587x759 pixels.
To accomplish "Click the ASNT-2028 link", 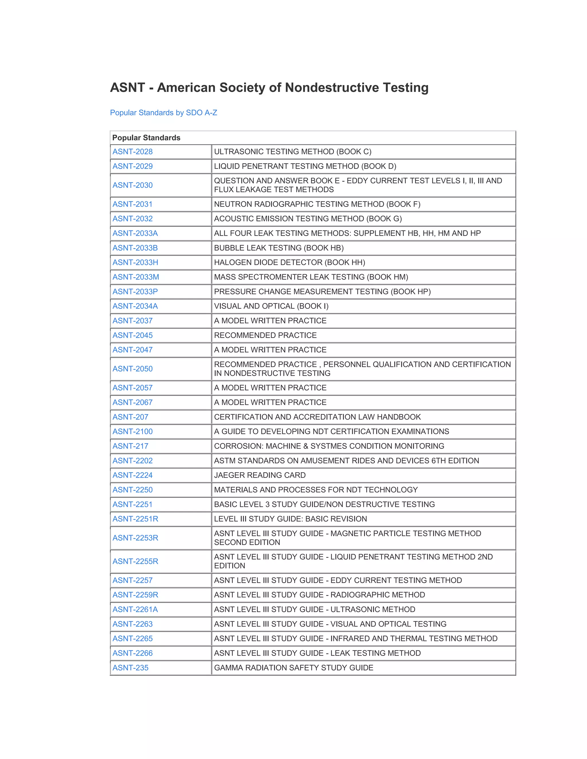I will tap(132, 152).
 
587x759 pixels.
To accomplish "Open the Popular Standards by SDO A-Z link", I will tap(163, 113).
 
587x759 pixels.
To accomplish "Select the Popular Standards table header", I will tap(146, 137).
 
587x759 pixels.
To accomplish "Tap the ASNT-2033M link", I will tap(136, 277).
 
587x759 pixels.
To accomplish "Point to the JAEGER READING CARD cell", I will tap(260, 475).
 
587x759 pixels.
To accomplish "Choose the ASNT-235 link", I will tap(130, 668).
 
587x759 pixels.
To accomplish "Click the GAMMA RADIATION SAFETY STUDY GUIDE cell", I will tap(293, 668).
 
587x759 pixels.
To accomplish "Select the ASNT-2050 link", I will tap(132, 369).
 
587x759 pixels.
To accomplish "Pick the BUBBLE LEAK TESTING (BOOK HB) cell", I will tap(279, 248).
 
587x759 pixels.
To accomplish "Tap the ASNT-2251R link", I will tap(135, 519).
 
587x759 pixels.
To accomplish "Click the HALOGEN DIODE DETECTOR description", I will tap(289, 262).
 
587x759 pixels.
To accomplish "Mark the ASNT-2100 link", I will tap(132, 431).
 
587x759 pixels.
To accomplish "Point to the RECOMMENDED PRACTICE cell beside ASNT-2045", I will tap(265, 335).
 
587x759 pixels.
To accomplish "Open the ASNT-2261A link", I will tap(135, 609).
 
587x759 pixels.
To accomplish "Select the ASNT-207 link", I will tap(130, 417).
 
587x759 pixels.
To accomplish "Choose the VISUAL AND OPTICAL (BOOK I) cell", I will tap(271, 306).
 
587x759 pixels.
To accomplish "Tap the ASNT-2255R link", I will tap(135, 561).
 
